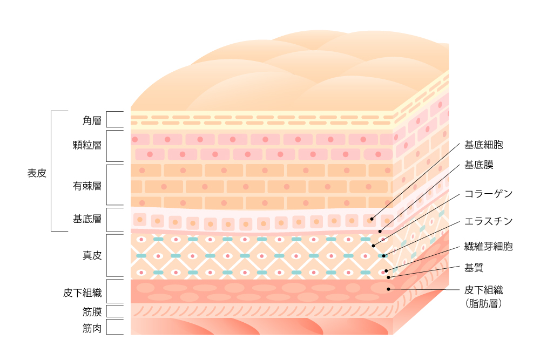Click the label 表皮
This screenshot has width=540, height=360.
pos(37,173)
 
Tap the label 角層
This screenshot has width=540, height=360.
pos(92,120)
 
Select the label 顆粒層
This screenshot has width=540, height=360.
pos(87,145)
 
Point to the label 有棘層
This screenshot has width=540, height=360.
pos(87,186)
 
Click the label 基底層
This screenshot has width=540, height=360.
pos(87,219)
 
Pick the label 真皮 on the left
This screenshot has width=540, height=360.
pos(92,255)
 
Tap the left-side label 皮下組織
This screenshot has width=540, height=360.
pos(82,293)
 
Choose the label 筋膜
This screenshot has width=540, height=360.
pos(92,312)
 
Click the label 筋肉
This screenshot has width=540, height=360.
pos(92,328)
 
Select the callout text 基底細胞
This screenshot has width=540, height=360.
pos(483,145)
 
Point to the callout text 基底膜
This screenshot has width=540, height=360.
pos(478,165)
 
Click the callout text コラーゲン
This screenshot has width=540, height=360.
pos(488,194)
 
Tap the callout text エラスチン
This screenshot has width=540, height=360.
pos(488,221)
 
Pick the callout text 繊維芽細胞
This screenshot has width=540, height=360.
pos(488,247)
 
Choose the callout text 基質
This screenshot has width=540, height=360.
pos(474,268)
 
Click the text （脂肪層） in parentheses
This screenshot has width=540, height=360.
pos(483,303)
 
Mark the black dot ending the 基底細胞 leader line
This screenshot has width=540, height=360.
pos(372,219)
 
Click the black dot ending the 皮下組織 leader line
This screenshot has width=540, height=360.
pos(388,289)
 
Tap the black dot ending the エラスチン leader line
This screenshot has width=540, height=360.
pos(383,256)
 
